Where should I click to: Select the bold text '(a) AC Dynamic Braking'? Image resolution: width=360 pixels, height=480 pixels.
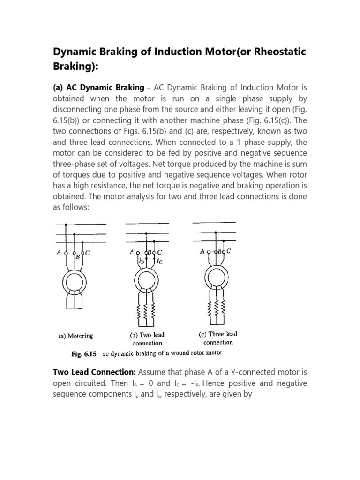pos(99,88)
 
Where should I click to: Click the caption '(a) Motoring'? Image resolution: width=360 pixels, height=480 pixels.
pos(75,336)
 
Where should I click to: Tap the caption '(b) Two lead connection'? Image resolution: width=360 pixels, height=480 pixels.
pos(147,338)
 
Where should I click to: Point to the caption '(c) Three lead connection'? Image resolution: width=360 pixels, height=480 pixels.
pos(218,338)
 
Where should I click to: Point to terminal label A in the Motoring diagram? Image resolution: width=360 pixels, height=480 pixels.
pos(59,252)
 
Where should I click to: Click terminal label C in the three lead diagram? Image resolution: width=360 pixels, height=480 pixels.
pos(229,251)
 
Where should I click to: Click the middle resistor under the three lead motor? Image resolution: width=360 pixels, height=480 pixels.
pos(217,308)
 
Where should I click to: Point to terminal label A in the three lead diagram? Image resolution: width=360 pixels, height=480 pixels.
pos(202,251)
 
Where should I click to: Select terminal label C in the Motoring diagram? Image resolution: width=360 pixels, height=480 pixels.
pos(88,253)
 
